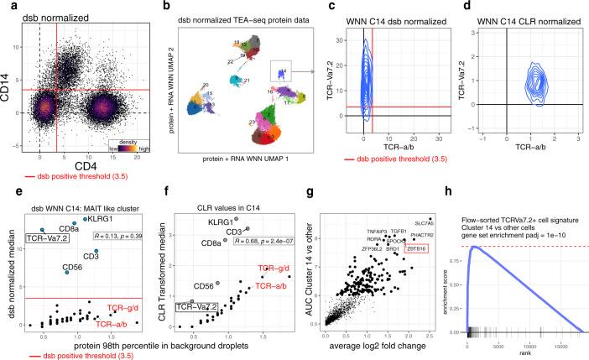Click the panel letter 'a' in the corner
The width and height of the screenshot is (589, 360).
5,6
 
